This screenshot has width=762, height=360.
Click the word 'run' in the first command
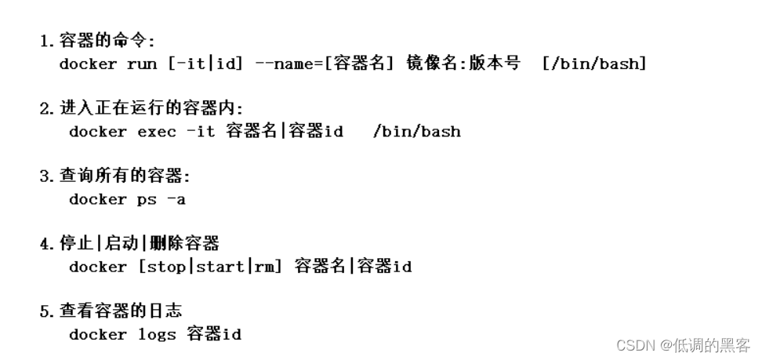[142, 64]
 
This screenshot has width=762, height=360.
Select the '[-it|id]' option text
[205, 64]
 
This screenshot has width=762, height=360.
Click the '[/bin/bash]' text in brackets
[594, 64]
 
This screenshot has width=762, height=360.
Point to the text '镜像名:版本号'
[463, 64]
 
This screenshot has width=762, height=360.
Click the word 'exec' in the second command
[157, 132]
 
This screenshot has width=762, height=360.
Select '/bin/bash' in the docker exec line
[416, 132]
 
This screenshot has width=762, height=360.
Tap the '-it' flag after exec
[201, 132]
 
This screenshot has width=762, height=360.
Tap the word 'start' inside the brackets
[220, 267]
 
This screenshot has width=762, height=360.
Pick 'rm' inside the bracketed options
[266, 267]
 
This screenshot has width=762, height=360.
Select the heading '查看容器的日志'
[121, 311]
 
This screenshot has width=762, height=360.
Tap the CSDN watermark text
[683, 345]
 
